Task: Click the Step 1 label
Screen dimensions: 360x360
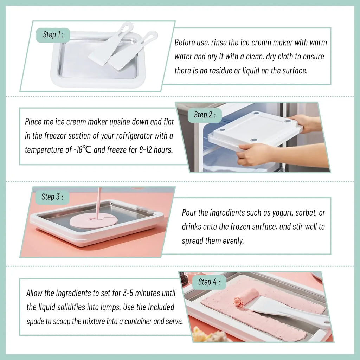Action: tap(53, 35)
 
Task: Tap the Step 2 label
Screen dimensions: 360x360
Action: tap(204, 115)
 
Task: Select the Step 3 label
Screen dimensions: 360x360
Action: tap(52, 197)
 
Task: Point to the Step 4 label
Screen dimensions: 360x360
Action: tap(209, 282)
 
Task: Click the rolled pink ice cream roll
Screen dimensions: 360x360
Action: tap(246, 297)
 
